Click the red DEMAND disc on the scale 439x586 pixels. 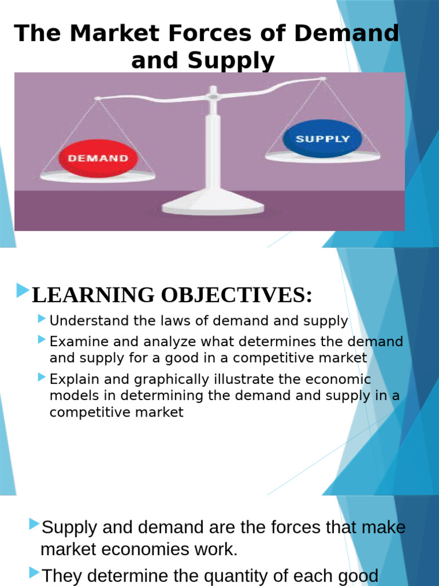click(98, 157)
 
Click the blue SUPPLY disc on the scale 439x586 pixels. click(322, 139)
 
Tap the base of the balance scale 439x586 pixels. click(213, 204)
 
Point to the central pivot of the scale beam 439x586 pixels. click(213, 96)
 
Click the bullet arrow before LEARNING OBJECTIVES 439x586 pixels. click(23, 291)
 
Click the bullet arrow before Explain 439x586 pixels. click(42, 377)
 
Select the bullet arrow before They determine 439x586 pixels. click(35, 572)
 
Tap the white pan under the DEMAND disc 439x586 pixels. click(98, 176)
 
